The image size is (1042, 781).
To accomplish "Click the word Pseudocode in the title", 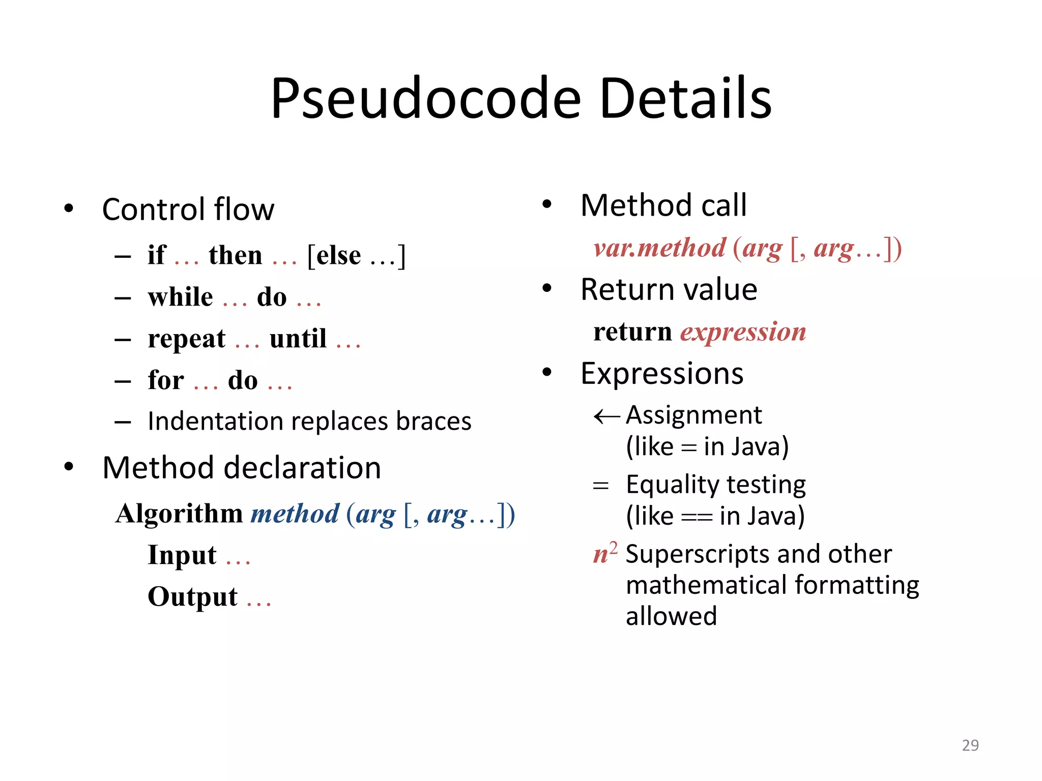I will tap(425, 99).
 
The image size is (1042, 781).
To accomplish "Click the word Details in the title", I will tap(685, 99).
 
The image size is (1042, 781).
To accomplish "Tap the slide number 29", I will tap(970, 745).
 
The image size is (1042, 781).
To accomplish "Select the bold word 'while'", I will tap(181, 297).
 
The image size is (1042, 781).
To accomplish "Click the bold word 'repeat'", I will tap(186, 339).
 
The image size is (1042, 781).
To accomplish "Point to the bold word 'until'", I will tap(298, 339).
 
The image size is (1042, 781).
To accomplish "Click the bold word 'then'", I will tap(236, 255).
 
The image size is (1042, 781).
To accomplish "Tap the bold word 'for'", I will tap(166, 380).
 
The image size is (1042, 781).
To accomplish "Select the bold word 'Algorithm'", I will tap(179, 514).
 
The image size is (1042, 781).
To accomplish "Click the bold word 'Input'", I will tap(182, 555).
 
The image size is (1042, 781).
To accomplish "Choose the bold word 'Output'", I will tap(192, 597).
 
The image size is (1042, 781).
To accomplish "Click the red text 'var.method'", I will tap(659, 248).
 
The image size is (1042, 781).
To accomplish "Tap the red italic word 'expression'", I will tap(743, 332).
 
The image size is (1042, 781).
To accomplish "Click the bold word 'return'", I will tap(633, 332).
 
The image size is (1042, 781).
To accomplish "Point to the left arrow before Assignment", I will tap(606, 416).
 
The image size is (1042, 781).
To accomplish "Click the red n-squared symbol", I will tap(605, 553).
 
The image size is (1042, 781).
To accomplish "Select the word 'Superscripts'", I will tap(696, 554).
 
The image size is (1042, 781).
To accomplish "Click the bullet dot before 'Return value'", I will tap(547, 288).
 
